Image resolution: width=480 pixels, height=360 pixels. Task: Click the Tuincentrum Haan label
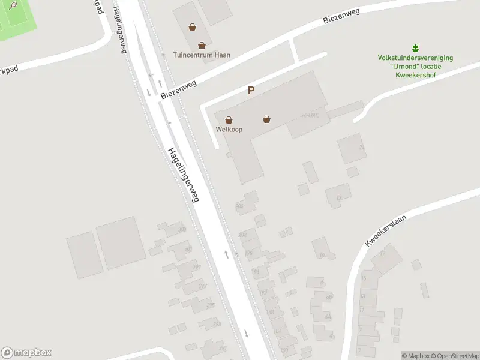(201, 55)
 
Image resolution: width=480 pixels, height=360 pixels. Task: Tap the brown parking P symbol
(251, 91)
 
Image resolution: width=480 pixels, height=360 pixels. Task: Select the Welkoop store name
(229, 129)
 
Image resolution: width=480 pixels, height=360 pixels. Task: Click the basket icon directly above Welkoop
(229, 119)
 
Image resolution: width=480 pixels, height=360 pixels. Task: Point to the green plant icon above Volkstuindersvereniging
(415, 47)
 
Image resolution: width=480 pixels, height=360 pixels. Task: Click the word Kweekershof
(415, 75)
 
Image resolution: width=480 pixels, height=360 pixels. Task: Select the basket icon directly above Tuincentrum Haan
(202, 45)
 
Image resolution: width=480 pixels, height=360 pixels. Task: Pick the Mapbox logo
(26, 353)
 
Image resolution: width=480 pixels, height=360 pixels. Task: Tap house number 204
(240, 206)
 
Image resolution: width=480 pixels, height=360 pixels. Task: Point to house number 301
(188, 248)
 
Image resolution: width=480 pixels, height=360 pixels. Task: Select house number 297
(202, 286)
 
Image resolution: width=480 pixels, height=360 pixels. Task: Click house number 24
(361, 147)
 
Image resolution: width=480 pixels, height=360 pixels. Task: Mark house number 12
(339, 197)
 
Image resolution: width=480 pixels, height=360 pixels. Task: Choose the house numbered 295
(210, 305)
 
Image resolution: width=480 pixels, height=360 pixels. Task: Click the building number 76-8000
(310, 115)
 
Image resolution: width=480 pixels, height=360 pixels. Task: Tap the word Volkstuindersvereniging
(415, 58)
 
